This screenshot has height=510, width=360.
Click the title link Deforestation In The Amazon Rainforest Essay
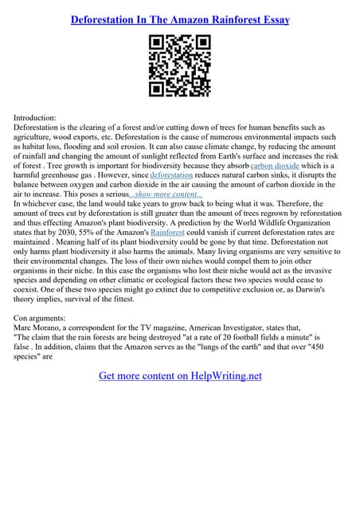coord(179,18)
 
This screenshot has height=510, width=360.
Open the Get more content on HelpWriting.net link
coord(179,375)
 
